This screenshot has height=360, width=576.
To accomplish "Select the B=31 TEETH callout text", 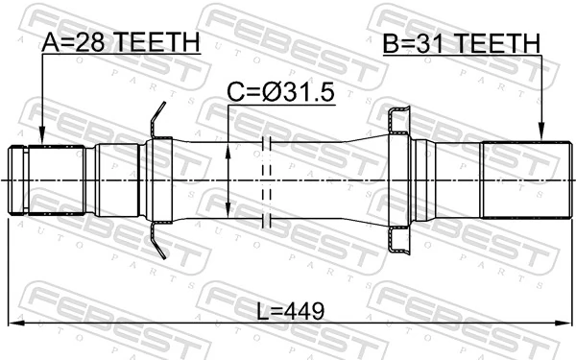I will tap(460, 43).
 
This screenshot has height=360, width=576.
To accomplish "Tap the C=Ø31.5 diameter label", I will tap(278, 93).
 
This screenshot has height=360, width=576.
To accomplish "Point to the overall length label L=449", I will tap(290, 310).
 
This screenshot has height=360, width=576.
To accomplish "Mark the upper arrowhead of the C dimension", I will tap(228, 150).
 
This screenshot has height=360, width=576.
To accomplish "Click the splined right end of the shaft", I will tap(517, 180).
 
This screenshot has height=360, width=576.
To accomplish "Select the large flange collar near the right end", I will tap(398, 180).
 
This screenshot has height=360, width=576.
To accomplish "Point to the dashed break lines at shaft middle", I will tap(268, 180).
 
